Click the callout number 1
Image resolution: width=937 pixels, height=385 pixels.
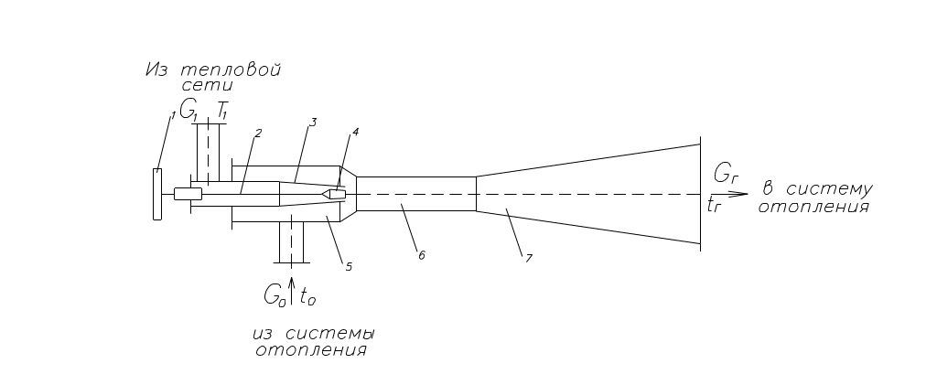point(173,114)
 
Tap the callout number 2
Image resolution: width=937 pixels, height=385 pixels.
point(258,134)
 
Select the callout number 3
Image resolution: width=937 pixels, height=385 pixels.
point(313,123)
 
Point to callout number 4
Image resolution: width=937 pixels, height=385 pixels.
point(356,132)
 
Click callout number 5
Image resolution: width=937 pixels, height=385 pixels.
point(349,267)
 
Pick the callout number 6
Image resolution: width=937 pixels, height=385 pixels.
point(421,255)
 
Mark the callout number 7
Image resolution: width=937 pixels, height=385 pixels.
point(528,259)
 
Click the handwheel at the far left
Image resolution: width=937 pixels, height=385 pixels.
point(157,194)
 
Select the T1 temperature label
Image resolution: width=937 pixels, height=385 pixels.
point(221,111)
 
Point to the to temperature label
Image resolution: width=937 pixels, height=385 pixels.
point(307,296)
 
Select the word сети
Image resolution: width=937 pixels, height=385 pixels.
point(208,85)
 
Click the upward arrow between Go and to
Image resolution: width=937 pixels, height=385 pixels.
point(291,292)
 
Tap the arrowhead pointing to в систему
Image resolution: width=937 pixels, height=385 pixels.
point(741,194)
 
